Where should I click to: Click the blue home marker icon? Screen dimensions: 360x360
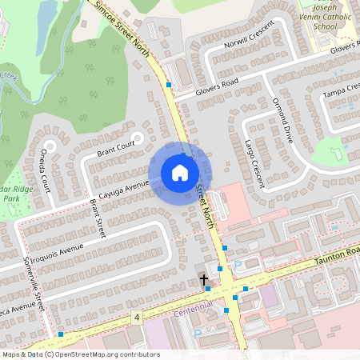(180, 172)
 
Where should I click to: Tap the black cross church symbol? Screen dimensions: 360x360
(204, 280)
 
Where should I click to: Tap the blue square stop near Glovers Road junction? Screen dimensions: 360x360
(169, 84)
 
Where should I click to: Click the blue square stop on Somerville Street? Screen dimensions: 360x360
(61, 334)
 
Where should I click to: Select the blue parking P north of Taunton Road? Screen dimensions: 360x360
(238, 264)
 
